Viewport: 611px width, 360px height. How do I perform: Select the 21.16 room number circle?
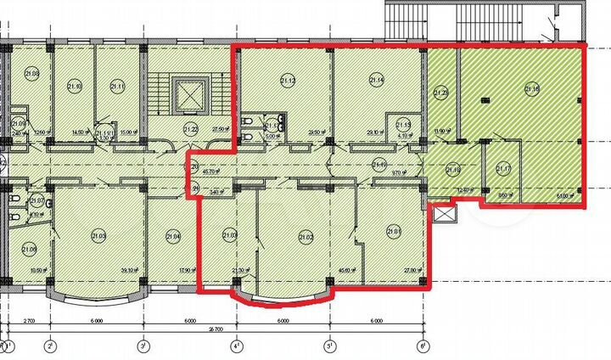[x=532, y=87]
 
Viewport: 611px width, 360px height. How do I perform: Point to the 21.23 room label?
[x=442, y=93]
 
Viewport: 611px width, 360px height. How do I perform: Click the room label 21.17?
[x=503, y=168]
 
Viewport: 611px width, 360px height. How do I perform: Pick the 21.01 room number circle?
[x=393, y=230]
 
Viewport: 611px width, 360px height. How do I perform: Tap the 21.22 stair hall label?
[x=190, y=129]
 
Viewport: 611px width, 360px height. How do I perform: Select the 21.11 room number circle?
[x=117, y=86]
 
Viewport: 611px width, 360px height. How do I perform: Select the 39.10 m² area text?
[x=129, y=271]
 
